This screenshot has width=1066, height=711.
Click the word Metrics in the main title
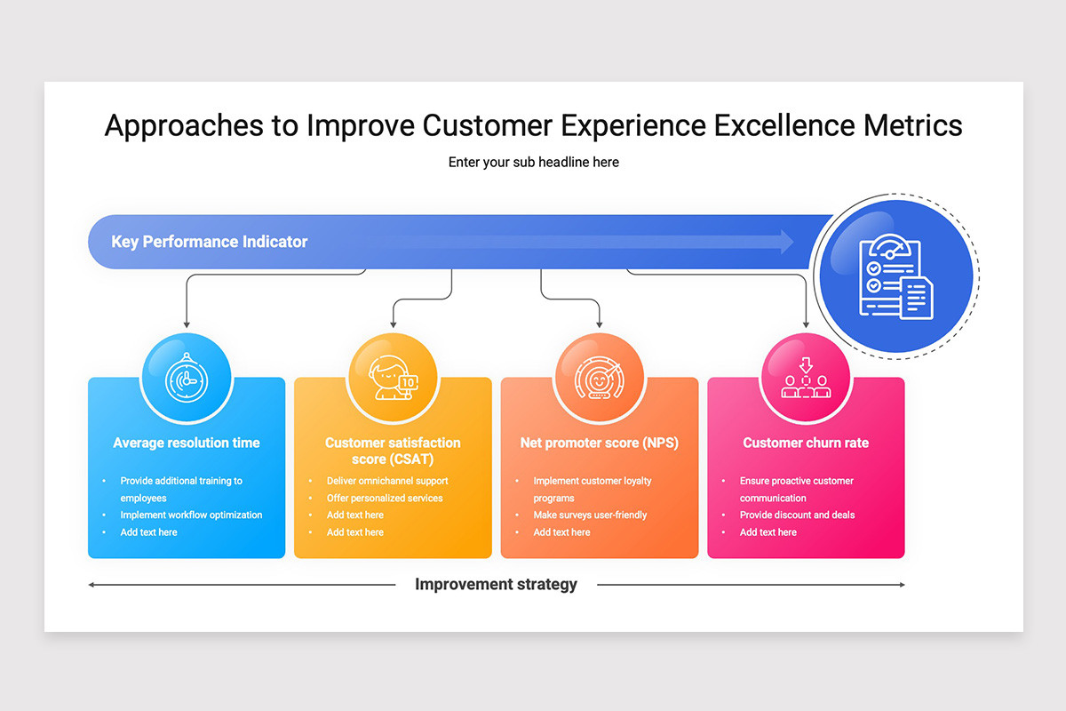tap(913, 125)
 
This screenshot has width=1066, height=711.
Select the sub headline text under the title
tap(534, 163)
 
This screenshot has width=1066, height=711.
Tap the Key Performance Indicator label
tap(210, 242)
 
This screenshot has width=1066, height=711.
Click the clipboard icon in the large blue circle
tap(896, 276)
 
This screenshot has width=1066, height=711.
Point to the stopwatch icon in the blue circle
tap(187, 378)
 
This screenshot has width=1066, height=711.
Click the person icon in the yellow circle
tap(393, 378)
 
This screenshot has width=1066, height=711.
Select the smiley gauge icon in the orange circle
tap(599, 378)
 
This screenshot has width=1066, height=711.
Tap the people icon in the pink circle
tap(806, 378)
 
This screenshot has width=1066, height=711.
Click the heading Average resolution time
tap(187, 443)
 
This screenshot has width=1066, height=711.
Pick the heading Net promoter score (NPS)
tap(599, 443)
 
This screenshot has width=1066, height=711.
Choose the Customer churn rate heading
tap(806, 443)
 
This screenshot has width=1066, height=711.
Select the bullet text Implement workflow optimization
tap(191, 515)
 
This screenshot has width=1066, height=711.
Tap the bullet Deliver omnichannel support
tap(387, 481)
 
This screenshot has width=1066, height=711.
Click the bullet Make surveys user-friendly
tap(590, 515)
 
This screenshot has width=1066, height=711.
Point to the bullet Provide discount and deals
tap(797, 515)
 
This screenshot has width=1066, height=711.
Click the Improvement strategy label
tap(496, 584)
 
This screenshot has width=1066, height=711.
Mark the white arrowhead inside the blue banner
tap(786, 242)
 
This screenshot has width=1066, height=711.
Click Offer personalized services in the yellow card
tap(385, 498)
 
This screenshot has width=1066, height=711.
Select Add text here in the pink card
tap(768, 532)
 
